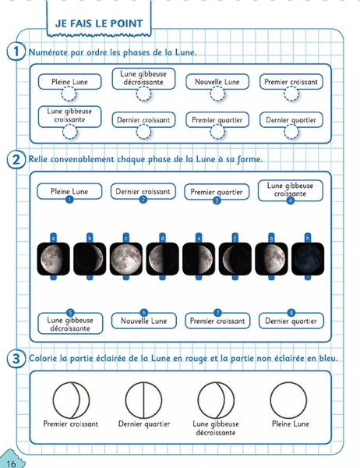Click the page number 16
(x=11, y=463)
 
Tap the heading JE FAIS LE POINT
(x=99, y=23)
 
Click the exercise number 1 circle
(x=16, y=51)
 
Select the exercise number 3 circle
(x=16, y=359)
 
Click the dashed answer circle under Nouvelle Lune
(x=217, y=94)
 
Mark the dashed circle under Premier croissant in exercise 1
(x=291, y=94)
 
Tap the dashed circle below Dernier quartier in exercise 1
(x=291, y=132)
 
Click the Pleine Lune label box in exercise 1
(x=69, y=82)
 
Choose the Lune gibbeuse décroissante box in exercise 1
(x=143, y=79)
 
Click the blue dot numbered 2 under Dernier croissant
(x=143, y=200)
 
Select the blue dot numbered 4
(x=290, y=200)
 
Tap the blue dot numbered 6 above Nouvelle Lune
(x=144, y=313)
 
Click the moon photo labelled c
(x=126, y=259)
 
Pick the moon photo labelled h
(x=308, y=259)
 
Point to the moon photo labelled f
(x=235, y=259)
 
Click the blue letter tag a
(x=54, y=238)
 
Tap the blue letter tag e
(x=199, y=238)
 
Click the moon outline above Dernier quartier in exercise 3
(x=143, y=400)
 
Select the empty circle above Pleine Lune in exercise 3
(x=288, y=400)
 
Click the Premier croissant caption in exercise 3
(x=71, y=424)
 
